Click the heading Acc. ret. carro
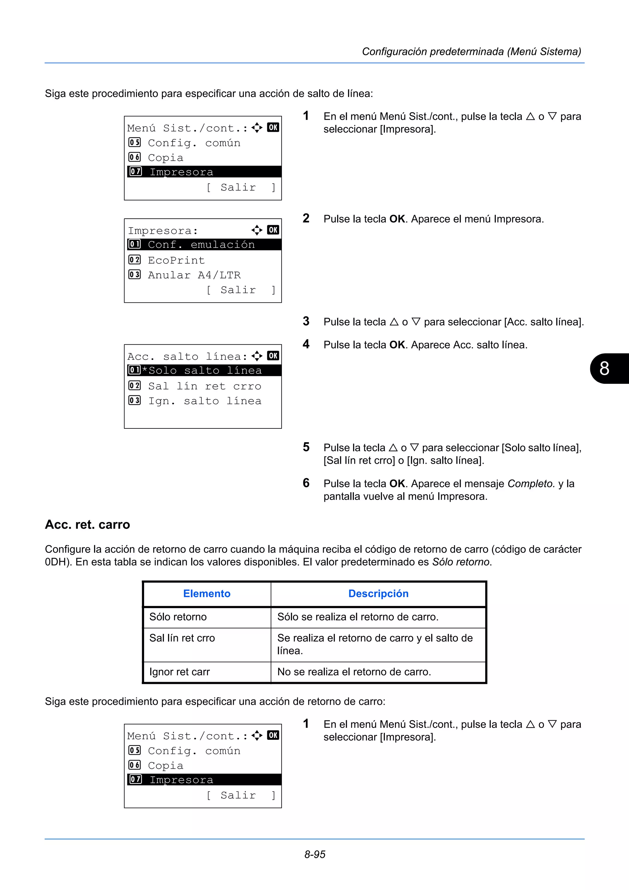pyautogui.click(x=88, y=525)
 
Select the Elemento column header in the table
pyautogui.click(x=207, y=593)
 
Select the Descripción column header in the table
pyautogui.click(x=378, y=593)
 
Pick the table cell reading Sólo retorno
pyautogui.click(x=178, y=617)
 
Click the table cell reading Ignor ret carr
pyautogui.click(x=179, y=672)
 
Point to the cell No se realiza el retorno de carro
pyautogui.click(x=354, y=672)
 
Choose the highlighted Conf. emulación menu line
pyautogui.click(x=201, y=244)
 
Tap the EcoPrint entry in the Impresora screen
pyautogui.click(x=176, y=260)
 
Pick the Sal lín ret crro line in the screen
pyautogui.click(x=205, y=386)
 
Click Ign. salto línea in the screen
pyautogui.click(x=205, y=401)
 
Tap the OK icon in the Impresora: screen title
pyautogui.click(x=273, y=230)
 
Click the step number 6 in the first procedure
pyautogui.click(x=306, y=483)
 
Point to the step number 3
pyautogui.click(x=306, y=321)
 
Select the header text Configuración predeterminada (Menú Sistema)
pyautogui.click(x=471, y=52)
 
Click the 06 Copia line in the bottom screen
pyautogui.click(x=166, y=766)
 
